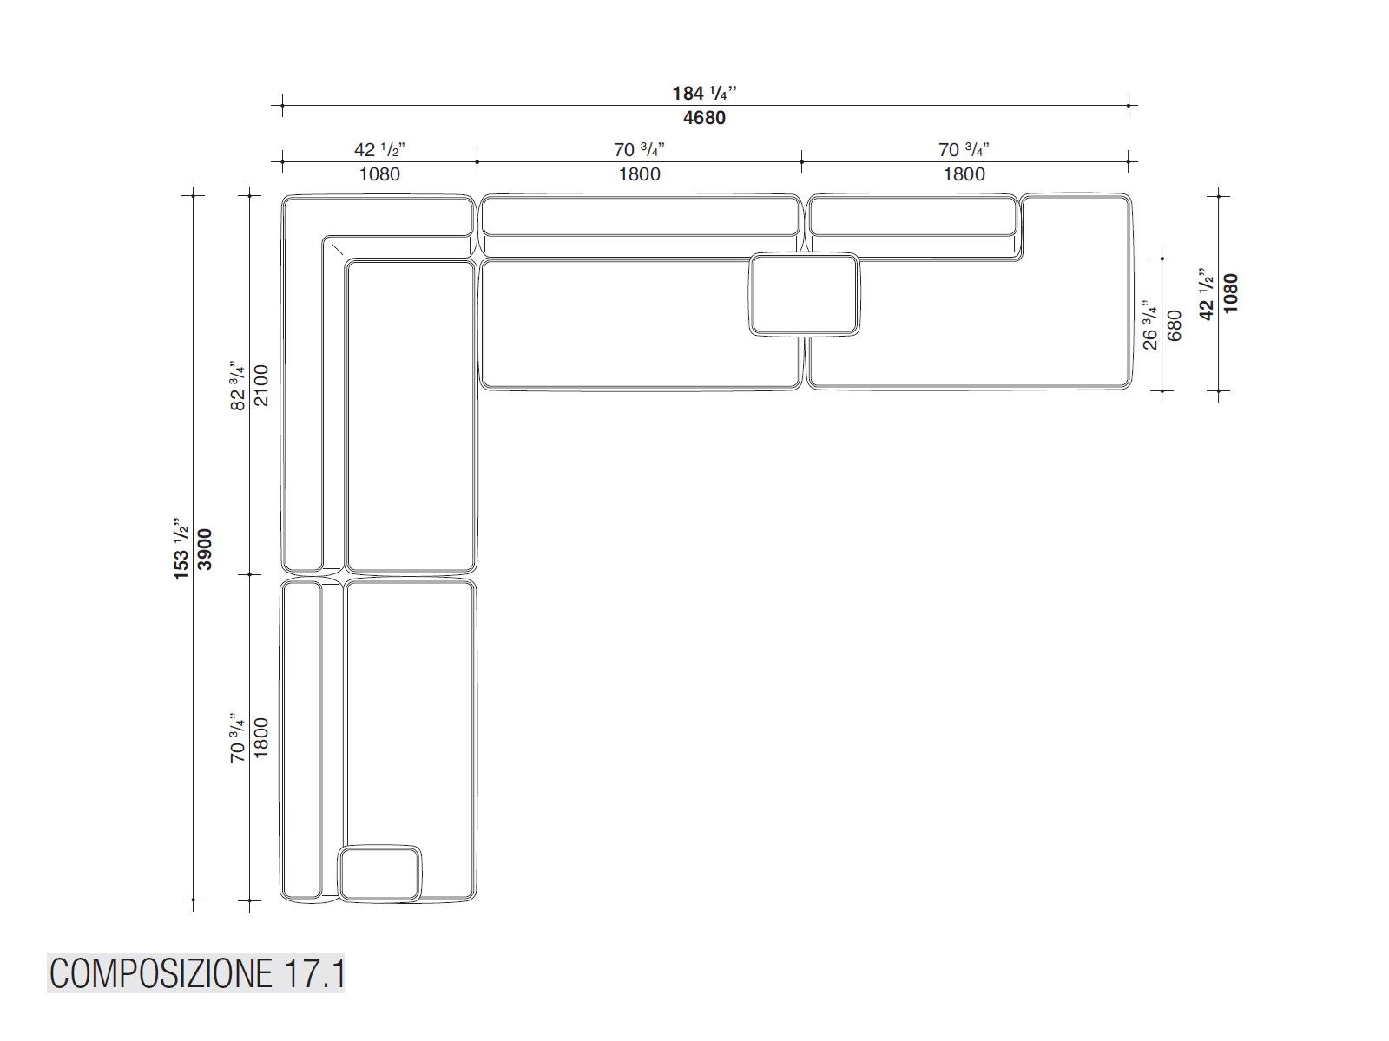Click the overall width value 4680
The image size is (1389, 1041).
coord(704,118)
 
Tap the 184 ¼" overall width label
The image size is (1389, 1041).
coord(704,93)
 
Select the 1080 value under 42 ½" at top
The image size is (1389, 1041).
coord(379,174)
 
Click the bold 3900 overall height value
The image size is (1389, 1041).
coord(205,548)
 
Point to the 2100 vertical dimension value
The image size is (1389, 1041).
coord(262,385)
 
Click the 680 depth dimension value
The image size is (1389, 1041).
coord(1175,325)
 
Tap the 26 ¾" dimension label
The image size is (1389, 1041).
coord(1150,325)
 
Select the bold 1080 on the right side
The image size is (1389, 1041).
coord(1231,293)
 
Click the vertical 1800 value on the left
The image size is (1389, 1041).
coord(262,737)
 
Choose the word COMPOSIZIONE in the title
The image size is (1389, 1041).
coord(160,974)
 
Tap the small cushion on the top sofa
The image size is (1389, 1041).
coord(804,294)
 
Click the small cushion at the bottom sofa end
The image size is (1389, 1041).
coord(380,874)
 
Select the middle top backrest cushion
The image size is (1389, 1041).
coord(640,216)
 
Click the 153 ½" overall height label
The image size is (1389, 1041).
coord(181,548)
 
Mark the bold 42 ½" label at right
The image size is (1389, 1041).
coord(1208,293)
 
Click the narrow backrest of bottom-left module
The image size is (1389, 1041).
coord(301,739)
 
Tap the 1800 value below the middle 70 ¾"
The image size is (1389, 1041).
coord(640,174)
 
